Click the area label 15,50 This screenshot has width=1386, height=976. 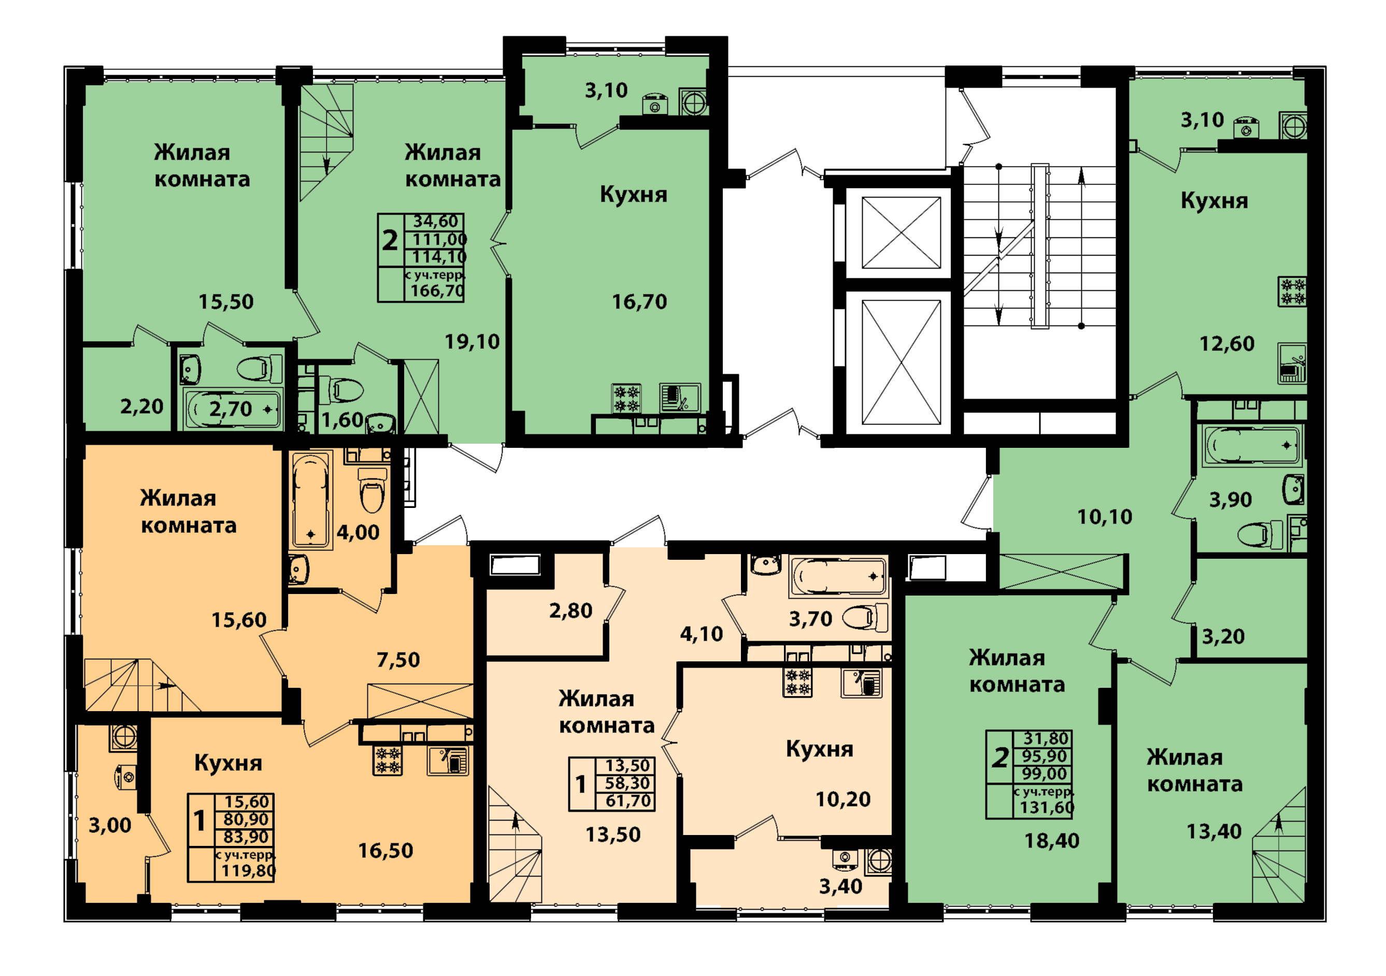coord(226,301)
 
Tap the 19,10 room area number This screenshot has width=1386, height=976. coord(472,342)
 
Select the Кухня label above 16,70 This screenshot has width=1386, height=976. coord(633,194)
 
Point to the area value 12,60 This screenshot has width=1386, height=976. coord(1226,344)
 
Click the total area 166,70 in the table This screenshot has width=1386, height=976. coord(438,291)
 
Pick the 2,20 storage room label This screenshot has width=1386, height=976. coord(142,406)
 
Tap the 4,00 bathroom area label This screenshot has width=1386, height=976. coord(358,532)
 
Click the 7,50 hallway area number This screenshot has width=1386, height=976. coord(398,659)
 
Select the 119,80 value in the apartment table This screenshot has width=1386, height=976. coord(248,870)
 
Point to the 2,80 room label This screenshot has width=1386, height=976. coord(570,611)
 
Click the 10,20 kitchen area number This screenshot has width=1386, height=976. coord(842,799)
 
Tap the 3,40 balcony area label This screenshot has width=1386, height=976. coord(840,886)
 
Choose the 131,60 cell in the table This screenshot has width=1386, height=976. coord(1047,808)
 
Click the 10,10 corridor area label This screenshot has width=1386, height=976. coord(1105,516)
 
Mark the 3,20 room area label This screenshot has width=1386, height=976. coord(1223,636)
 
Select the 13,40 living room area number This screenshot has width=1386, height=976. coord(1214,832)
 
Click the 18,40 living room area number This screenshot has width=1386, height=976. coord(1052,841)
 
